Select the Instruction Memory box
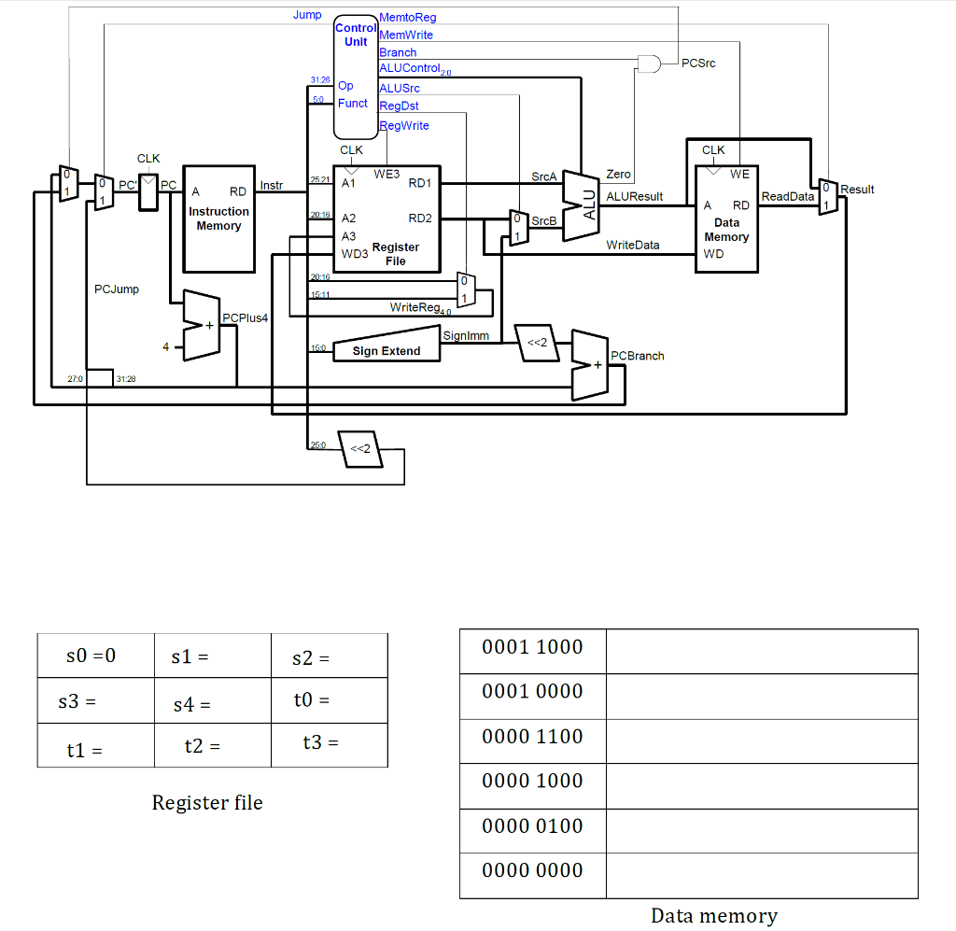218,219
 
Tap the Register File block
387,219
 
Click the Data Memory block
726,219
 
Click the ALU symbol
581,207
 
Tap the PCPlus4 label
246,318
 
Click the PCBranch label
637,356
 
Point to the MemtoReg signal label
407,18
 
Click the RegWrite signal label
403,125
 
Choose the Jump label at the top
306,15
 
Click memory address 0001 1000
532,648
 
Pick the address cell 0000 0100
532,826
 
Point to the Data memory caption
713,915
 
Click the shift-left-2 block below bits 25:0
359,449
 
